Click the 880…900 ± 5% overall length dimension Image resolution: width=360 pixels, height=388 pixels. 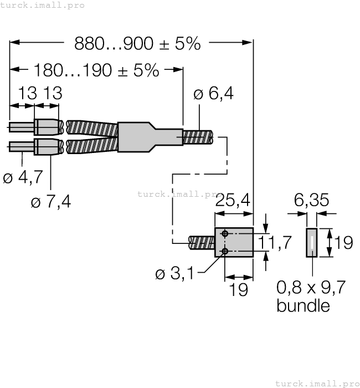pyautogui.click(x=137, y=44)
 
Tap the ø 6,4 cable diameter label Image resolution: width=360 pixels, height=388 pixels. pyautogui.click(x=213, y=94)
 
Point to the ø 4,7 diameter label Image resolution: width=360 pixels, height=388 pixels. pyautogui.click(x=23, y=178)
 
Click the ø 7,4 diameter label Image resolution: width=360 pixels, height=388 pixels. pyautogui.click(x=51, y=202)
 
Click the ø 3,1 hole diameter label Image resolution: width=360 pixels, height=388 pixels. pyautogui.click(x=175, y=274)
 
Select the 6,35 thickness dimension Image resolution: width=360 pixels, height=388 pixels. pyautogui.click(x=310, y=200)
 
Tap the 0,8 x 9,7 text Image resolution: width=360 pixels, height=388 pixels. pyautogui.click(x=311, y=288)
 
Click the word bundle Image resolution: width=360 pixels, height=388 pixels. pyautogui.click(x=303, y=305)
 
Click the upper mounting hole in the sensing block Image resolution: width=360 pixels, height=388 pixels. pyautogui.click(x=224, y=233)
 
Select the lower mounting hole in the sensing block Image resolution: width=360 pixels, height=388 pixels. pyautogui.click(x=224, y=252)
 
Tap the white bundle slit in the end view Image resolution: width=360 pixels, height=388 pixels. pyautogui.click(x=312, y=243)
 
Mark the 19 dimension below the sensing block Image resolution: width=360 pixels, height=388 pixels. pyautogui.click(x=239, y=290)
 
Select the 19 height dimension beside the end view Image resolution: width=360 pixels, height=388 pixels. pyautogui.click(x=343, y=242)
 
